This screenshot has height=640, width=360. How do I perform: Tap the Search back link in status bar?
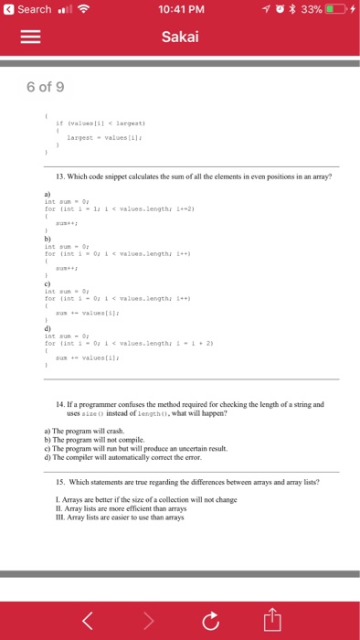29,10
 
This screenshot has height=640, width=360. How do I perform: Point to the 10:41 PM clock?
179,10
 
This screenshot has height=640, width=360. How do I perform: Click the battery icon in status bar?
334,10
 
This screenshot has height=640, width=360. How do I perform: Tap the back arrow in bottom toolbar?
88,622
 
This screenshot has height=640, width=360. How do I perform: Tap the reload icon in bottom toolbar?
209,623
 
